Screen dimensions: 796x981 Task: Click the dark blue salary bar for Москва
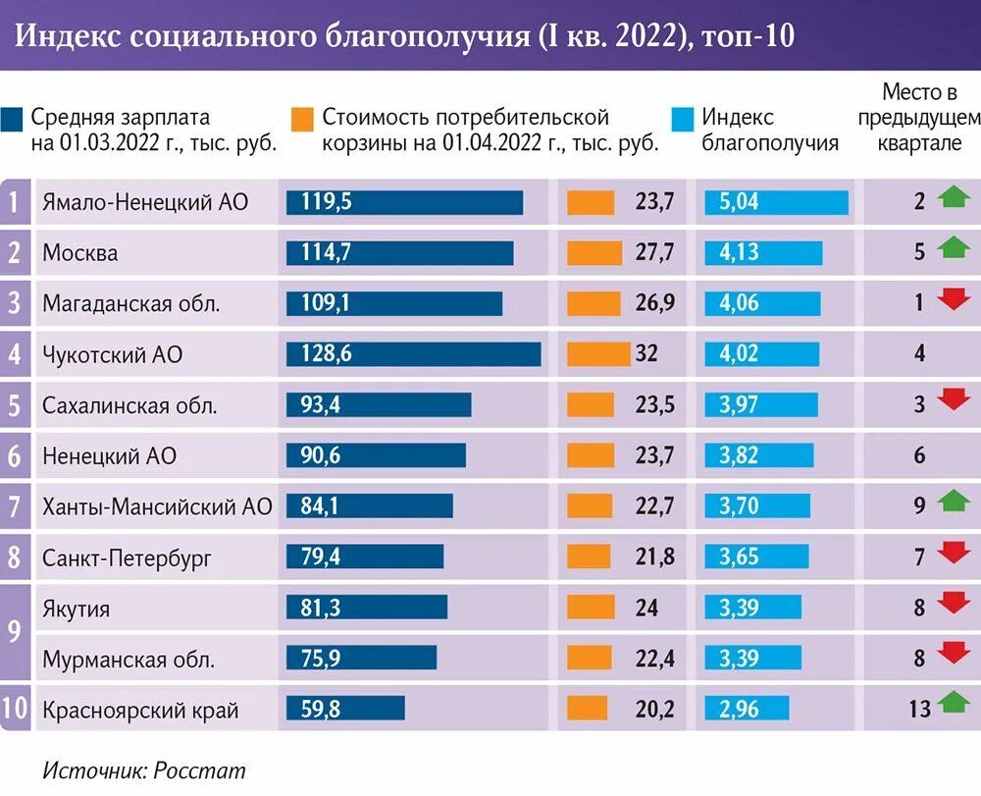tap(399, 252)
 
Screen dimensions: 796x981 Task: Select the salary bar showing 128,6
tap(413, 353)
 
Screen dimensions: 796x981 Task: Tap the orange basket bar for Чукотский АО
tap(598, 353)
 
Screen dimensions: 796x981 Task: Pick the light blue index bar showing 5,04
tap(776, 202)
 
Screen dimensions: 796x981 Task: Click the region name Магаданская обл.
tap(130, 303)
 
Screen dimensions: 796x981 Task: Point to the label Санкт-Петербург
tap(127, 558)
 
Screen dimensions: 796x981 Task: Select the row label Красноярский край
tap(140, 710)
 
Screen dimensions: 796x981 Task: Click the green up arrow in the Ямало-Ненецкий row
tap(953, 199)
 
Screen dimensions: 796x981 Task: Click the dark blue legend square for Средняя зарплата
tap(13, 119)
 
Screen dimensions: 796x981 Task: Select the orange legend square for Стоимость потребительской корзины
tap(303, 119)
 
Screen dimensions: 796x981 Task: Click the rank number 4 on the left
tap(15, 353)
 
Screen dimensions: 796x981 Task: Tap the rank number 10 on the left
tap(15, 710)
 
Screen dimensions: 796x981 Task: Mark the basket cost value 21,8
tap(654, 558)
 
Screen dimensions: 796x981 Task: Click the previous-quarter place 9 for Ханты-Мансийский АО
tap(919, 506)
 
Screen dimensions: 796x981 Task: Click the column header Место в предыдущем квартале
tap(919, 118)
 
